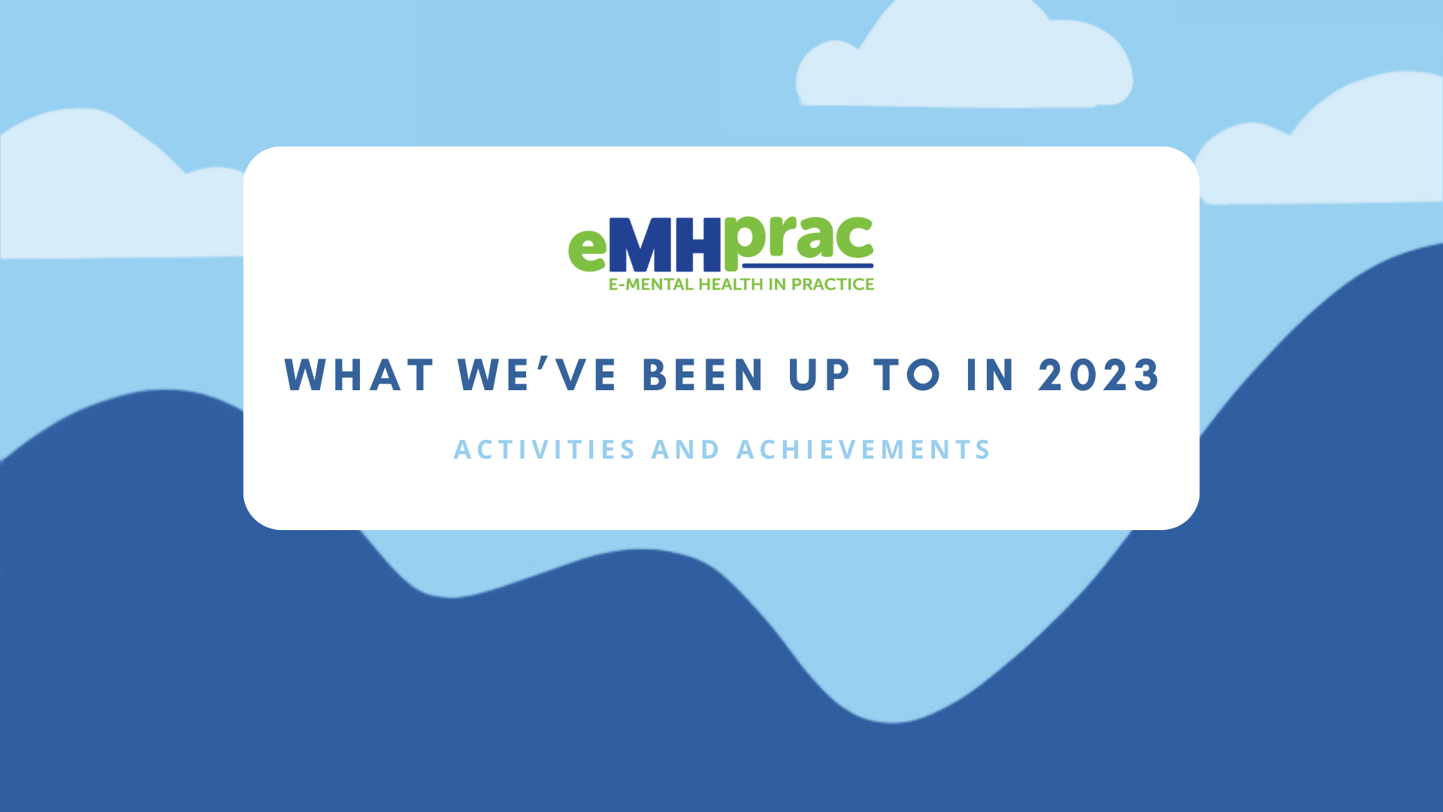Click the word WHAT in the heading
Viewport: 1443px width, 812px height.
coord(359,374)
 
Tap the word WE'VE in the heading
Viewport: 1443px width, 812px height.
coord(537,374)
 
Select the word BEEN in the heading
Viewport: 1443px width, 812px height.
coord(703,374)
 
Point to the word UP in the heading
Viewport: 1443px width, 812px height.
coord(820,374)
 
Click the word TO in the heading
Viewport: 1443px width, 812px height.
coord(907,374)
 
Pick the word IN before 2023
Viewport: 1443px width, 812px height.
coord(991,374)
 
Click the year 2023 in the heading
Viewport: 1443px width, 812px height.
coord(1099,374)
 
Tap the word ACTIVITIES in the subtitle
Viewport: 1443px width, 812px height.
coord(545,450)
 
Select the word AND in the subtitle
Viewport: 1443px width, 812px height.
coord(685,450)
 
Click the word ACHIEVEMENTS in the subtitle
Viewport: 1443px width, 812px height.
coord(864,450)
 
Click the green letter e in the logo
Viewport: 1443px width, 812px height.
coord(587,249)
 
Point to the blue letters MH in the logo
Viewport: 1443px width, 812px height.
coord(665,245)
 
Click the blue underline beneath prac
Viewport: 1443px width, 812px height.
coord(807,265)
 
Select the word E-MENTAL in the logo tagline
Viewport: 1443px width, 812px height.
coord(651,284)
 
